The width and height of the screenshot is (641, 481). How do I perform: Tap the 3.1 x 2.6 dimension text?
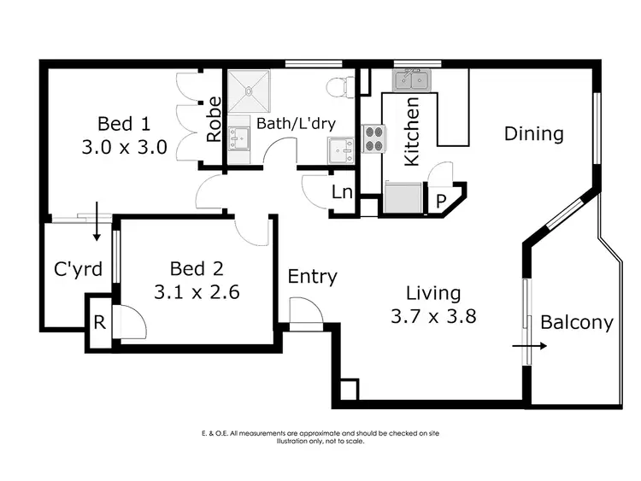tap(196, 291)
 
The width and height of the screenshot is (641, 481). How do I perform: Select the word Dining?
tap(533, 133)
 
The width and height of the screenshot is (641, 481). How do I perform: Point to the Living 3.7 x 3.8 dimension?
tap(432, 316)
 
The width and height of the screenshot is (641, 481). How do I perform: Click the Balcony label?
tap(577, 322)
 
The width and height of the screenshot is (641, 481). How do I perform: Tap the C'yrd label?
tap(79, 269)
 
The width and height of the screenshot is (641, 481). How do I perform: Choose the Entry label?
tap(312, 276)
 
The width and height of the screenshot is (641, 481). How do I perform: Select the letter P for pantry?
tap(441, 202)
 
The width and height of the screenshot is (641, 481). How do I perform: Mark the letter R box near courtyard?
tap(99, 324)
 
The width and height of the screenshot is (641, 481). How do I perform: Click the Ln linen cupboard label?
tap(342, 192)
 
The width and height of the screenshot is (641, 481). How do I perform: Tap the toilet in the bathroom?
tap(340, 85)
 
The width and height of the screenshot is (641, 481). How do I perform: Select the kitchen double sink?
tap(412, 81)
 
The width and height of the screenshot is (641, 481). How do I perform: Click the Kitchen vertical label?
tap(411, 133)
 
